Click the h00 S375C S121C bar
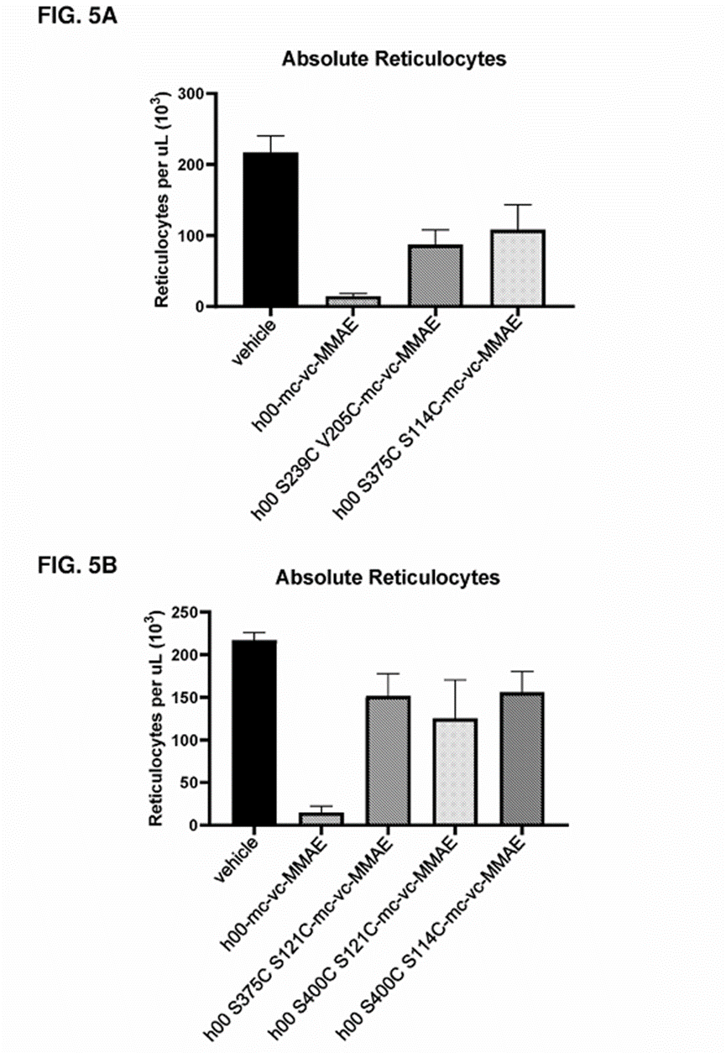click(x=387, y=760)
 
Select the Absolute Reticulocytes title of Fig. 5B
click(x=388, y=578)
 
